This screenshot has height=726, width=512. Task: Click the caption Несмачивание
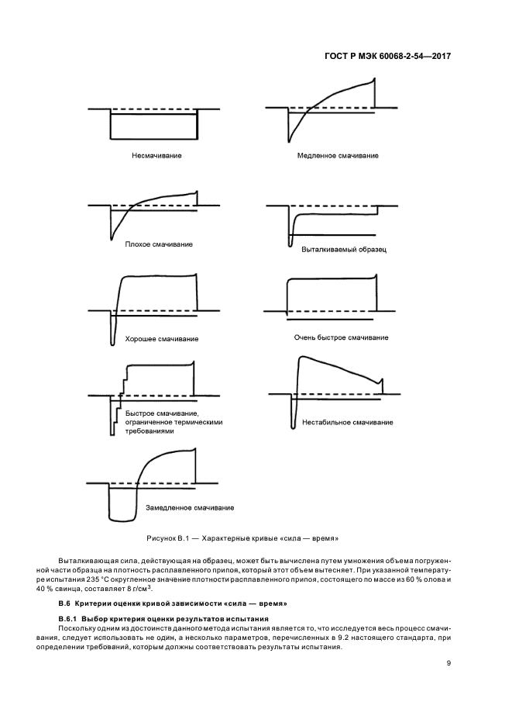click(156, 155)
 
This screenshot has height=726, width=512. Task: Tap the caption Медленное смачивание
click(338, 155)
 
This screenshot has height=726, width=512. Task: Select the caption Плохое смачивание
click(158, 244)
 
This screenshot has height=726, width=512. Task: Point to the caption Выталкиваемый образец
click(343, 250)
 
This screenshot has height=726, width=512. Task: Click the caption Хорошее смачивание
click(162, 339)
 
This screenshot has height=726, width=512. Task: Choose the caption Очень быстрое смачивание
click(342, 337)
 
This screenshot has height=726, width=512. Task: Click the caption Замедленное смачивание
click(190, 508)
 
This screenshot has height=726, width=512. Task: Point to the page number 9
click(448, 662)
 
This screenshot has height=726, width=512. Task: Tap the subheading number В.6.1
click(70, 618)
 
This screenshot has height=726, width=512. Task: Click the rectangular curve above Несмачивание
click(153, 138)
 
